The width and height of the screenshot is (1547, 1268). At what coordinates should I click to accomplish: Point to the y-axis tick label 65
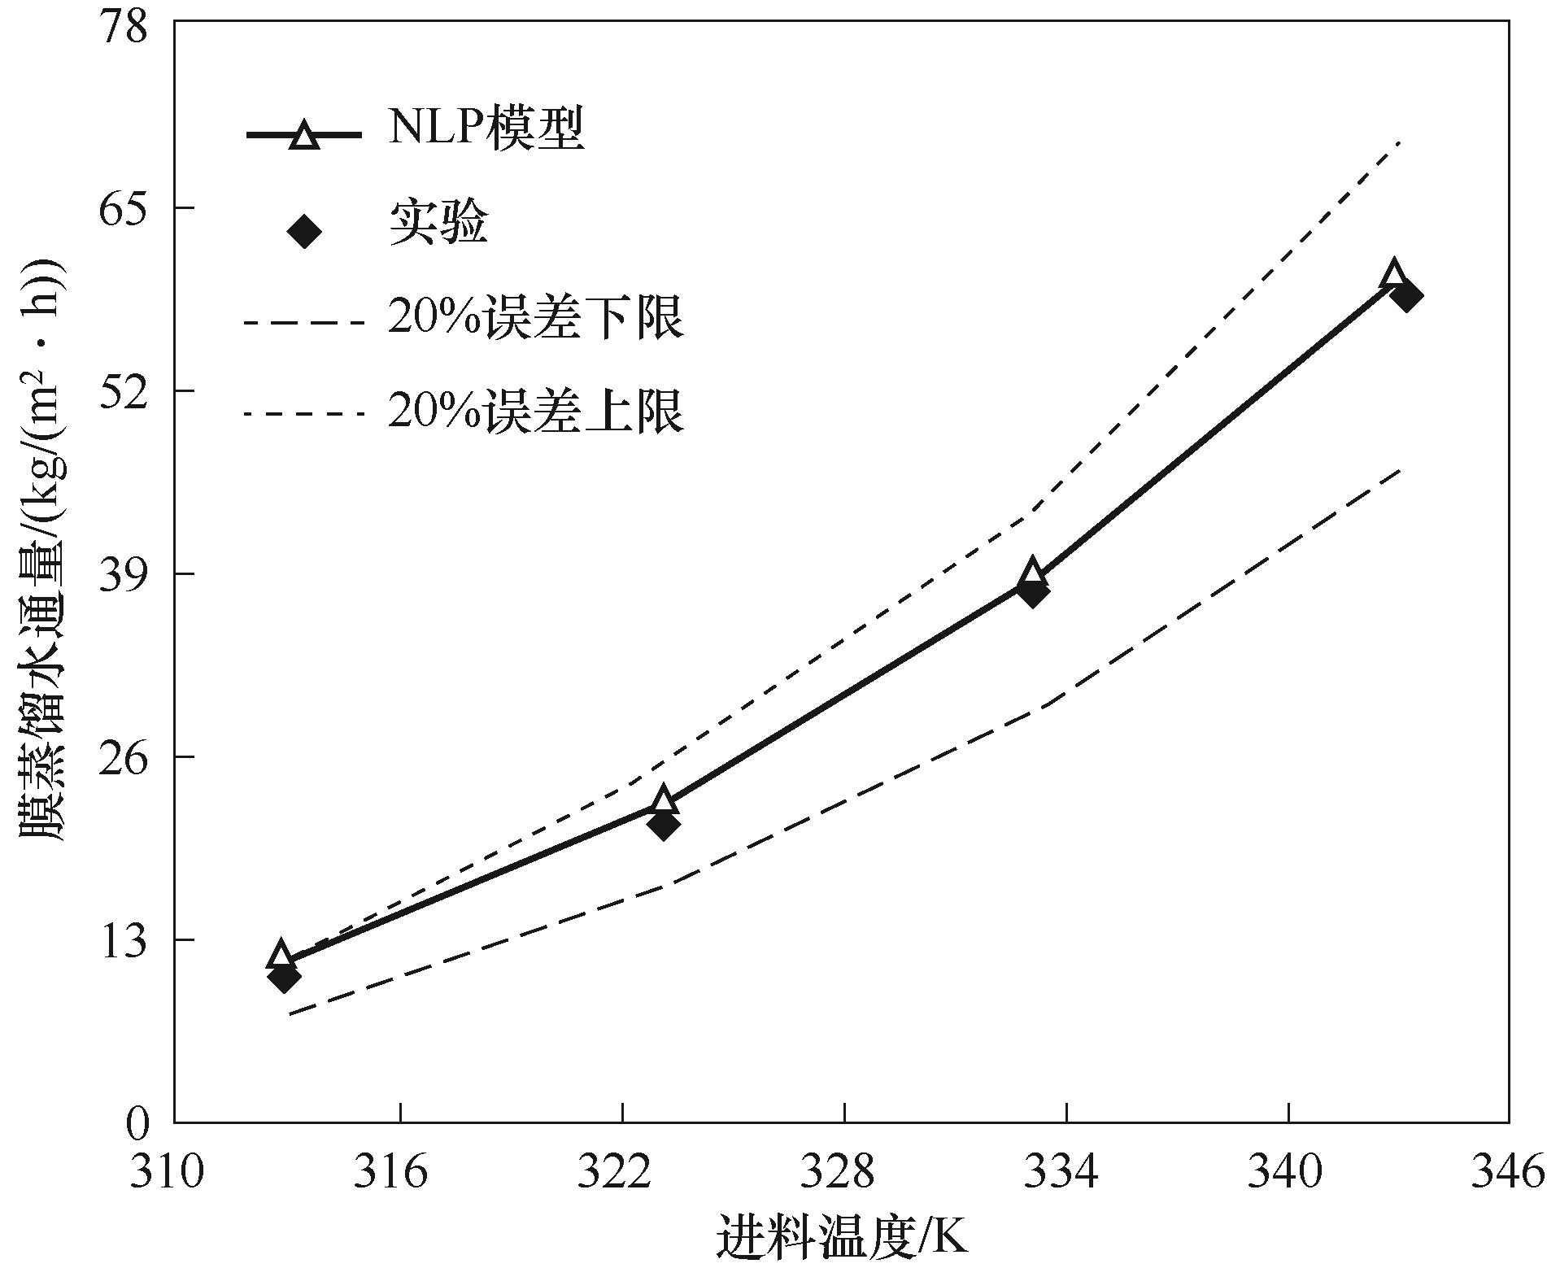tap(127, 209)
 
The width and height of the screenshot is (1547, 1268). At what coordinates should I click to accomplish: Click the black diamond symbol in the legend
tap(304, 231)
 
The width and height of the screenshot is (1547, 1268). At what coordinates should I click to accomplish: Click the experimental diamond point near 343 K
tap(1405, 295)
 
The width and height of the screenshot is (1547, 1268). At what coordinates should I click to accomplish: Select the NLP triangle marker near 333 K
tap(1032, 572)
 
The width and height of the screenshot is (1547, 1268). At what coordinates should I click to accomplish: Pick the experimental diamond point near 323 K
tap(664, 826)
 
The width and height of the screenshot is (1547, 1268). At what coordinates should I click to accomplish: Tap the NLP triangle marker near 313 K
tap(281, 954)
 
